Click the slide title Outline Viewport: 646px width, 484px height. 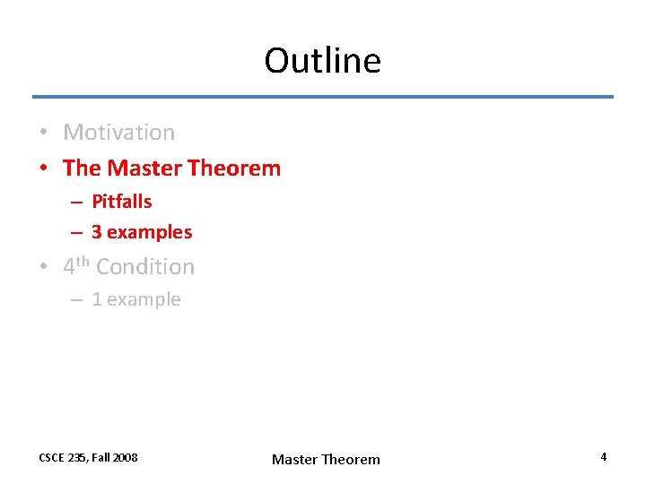coord(323,61)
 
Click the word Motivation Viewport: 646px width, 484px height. coord(119,133)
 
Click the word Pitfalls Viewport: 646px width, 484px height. coord(122,202)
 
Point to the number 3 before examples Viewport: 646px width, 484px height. coord(96,232)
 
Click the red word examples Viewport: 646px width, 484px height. coord(149,232)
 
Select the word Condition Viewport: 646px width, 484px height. coord(145,267)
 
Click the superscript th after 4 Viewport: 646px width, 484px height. coord(83,262)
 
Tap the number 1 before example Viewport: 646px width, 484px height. coord(96,299)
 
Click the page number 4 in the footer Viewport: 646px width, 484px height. coord(604,457)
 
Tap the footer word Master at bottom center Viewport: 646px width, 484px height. coord(294,460)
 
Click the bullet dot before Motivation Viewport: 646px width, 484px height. coord(43,134)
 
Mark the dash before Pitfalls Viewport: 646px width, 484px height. coord(77,203)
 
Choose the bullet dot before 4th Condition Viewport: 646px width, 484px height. coord(43,268)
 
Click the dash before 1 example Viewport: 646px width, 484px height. coord(77,300)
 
